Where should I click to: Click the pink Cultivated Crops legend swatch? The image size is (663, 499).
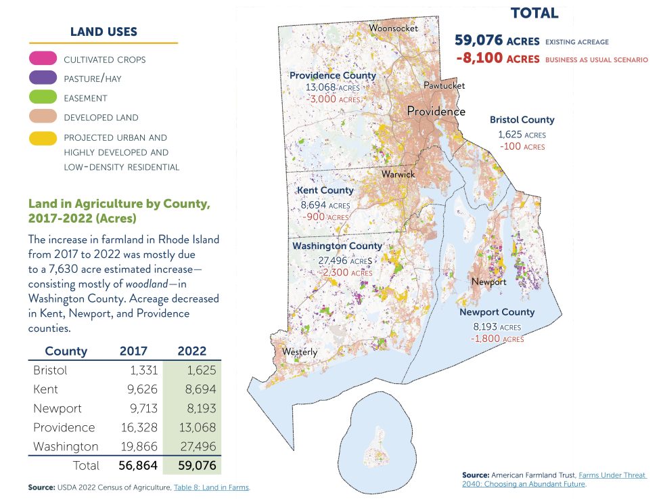click(x=42, y=60)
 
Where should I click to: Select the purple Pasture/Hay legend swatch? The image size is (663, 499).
click(x=42, y=79)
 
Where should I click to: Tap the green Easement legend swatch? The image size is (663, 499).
click(x=42, y=98)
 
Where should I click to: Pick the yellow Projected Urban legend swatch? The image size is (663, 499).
click(x=42, y=137)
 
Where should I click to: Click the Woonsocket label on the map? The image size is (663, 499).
click(x=393, y=28)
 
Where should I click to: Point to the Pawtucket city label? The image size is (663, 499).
click(x=444, y=86)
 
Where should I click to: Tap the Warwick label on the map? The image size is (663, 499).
click(x=398, y=174)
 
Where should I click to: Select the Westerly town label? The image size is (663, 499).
click(x=299, y=352)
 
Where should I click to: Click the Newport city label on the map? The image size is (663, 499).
click(x=488, y=282)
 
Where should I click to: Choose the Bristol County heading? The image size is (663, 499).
click(x=522, y=120)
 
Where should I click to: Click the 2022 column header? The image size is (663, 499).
click(x=191, y=351)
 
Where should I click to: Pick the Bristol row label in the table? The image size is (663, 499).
click(x=50, y=370)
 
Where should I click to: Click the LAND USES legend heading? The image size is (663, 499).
click(x=104, y=32)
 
